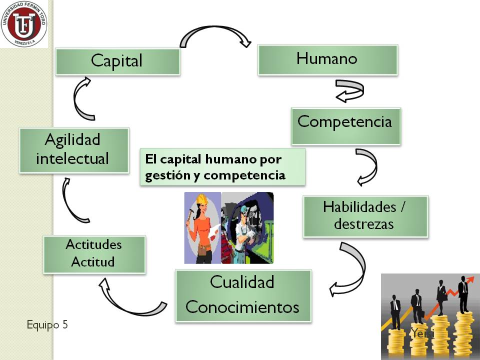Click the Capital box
coord(117,61)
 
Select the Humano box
coord(327,59)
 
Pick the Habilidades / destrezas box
coord(365,215)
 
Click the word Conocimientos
coord(242,306)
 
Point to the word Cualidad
coord(242,282)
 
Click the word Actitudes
coord(93,245)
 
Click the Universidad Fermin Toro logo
coord(24,23)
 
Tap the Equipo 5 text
coord(47,324)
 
